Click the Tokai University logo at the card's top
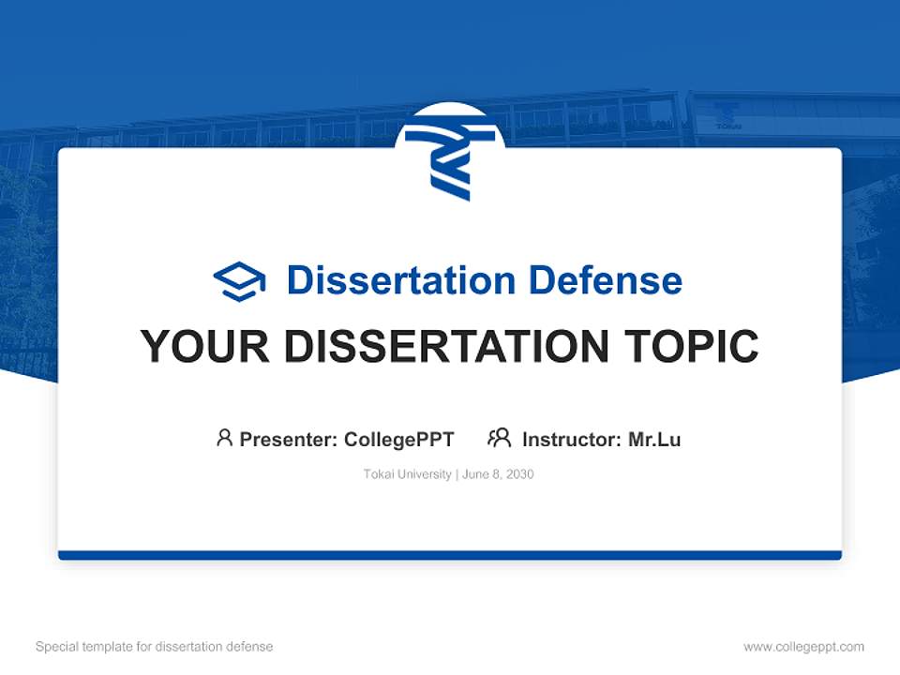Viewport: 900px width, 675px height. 450,164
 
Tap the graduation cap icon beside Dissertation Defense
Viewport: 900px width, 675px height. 239,280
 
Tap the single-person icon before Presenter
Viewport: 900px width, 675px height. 224,438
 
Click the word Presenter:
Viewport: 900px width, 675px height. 288,439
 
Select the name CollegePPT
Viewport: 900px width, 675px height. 399,439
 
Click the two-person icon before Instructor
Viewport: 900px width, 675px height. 500,438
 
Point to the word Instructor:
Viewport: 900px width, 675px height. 571,439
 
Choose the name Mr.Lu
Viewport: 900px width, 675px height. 654,439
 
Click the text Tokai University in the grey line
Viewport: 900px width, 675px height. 408,474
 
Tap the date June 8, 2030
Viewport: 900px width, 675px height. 498,474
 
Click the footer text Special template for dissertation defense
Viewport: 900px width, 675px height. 155,647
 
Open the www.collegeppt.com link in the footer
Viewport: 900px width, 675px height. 803,647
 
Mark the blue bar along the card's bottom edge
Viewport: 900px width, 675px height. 450,555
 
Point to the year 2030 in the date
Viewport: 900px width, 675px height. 519,474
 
